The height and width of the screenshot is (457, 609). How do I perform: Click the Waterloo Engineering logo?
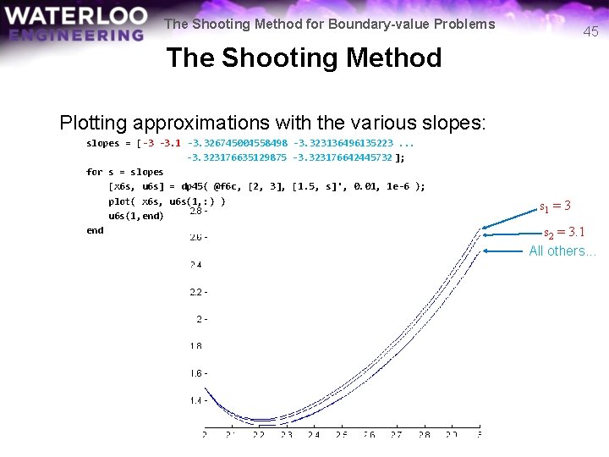click(74, 25)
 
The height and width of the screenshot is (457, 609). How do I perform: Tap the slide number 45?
click(590, 31)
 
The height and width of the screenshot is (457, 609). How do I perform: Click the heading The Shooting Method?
click(304, 58)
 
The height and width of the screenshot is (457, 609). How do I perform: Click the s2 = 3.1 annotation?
click(563, 232)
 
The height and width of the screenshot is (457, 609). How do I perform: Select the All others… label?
click(562, 251)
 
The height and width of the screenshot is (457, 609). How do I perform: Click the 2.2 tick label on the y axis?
click(198, 293)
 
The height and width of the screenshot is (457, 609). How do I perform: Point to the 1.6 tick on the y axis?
click(198, 373)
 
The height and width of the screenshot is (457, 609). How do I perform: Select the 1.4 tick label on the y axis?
click(198, 400)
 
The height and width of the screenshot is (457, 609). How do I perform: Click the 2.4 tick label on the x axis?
click(314, 434)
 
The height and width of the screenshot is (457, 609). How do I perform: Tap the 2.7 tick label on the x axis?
click(397, 434)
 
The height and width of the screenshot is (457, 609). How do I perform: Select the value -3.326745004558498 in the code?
click(237, 143)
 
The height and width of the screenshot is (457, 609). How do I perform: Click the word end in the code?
click(95, 230)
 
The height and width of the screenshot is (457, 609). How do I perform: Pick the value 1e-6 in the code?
click(402, 186)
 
